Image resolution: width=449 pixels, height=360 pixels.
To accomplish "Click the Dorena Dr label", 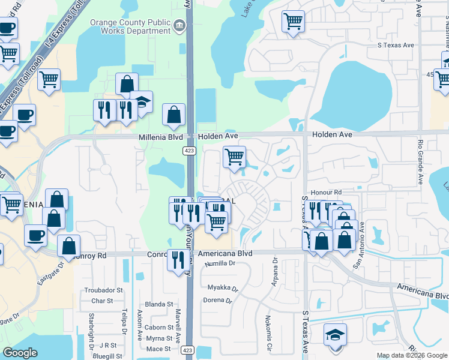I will click(x=217, y=300).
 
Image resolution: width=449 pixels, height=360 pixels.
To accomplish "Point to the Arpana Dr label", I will click(x=275, y=272).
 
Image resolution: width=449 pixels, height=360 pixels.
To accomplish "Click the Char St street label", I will click(x=103, y=301).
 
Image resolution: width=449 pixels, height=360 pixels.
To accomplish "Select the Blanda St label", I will click(x=158, y=304).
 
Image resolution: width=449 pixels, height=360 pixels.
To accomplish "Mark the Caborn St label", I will click(x=158, y=327).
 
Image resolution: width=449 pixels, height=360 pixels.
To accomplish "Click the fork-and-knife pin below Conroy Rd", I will click(x=178, y=260).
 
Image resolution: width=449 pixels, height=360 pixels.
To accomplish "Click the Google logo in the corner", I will click(x=20, y=353).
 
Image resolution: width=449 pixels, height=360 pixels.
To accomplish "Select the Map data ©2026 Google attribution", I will click(x=412, y=355).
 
